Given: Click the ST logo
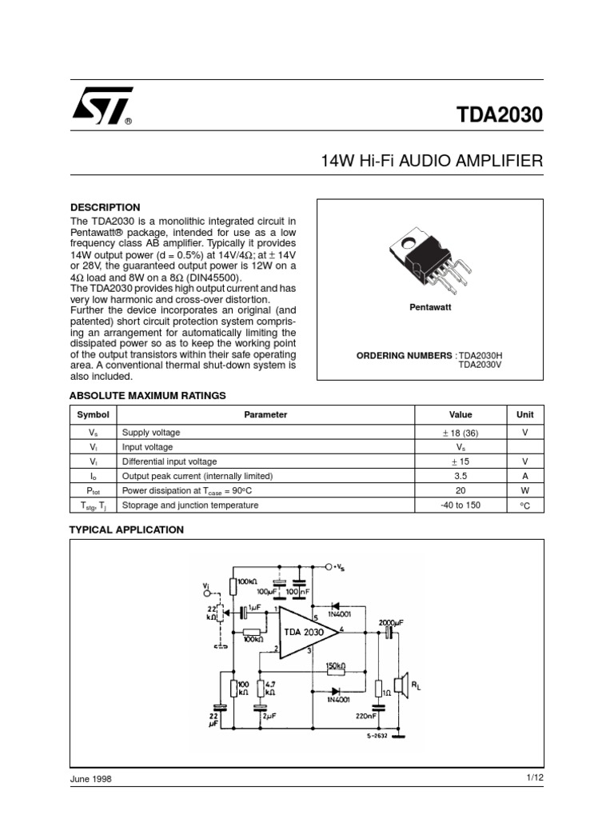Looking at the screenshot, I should click(x=102, y=106).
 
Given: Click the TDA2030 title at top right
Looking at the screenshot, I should click(x=499, y=114).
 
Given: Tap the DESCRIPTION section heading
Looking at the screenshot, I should click(x=105, y=207).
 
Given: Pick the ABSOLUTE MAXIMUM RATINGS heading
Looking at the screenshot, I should click(x=148, y=395).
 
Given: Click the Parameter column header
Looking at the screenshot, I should click(x=265, y=415).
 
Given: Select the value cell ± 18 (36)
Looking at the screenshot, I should click(x=460, y=432).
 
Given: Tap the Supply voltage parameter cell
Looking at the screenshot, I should click(x=151, y=432).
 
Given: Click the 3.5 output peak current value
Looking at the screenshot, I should click(x=460, y=476).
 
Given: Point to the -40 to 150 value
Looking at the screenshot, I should click(x=460, y=505).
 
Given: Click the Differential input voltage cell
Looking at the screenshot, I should click(x=169, y=461).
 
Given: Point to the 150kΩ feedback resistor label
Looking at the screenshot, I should click(x=336, y=665).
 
